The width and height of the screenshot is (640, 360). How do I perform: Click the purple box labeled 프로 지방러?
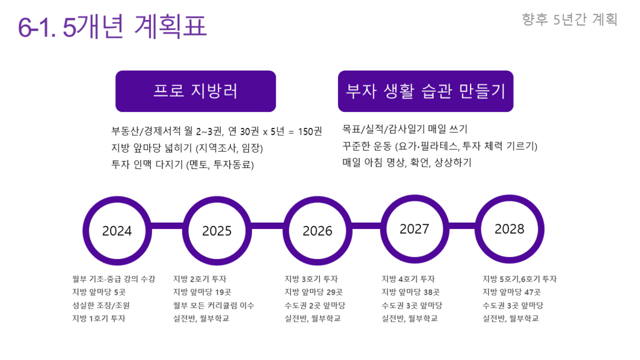[x=196, y=91]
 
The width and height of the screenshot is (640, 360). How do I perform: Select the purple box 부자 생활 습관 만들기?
[x=426, y=91]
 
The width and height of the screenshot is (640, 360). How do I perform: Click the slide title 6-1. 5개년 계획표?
[x=112, y=26]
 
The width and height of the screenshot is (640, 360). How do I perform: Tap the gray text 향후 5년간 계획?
[x=569, y=19]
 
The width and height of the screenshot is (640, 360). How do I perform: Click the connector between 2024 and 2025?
[x=167, y=226]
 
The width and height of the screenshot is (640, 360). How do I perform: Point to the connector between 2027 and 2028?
[x=462, y=226]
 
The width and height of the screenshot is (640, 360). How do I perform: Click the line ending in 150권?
[x=216, y=132]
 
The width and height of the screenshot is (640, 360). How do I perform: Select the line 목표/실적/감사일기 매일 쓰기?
[x=405, y=129]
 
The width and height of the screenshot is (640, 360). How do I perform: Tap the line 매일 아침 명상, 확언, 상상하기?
[x=407, y=163]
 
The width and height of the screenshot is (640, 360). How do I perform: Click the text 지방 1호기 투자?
[x=99, y=318]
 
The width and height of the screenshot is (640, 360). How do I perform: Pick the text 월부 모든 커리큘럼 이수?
[x=214, y=305]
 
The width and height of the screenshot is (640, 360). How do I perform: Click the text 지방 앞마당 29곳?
[x=314, y=292]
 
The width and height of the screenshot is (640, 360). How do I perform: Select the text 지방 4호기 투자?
[x=408, y=278]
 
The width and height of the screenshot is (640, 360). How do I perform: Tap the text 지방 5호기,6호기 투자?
[x=519, y=279]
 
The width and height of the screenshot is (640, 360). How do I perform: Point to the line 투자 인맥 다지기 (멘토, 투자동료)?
[x=183, y=165]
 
